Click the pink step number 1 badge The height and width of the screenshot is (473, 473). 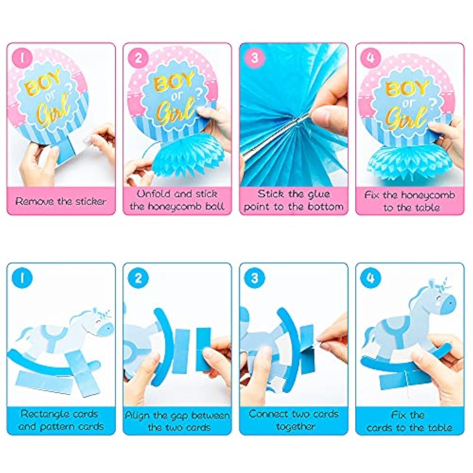22,58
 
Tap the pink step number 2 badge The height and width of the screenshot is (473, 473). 138,58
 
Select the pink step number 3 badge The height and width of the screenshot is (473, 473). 254,58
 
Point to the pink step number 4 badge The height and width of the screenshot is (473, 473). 371,58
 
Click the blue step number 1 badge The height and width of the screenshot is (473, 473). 22,278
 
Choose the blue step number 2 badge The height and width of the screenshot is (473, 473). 138,278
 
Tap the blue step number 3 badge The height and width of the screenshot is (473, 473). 254,278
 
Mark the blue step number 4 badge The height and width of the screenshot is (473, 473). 371,278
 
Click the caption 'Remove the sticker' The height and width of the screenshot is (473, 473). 61,201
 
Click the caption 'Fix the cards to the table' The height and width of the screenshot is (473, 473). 409,421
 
